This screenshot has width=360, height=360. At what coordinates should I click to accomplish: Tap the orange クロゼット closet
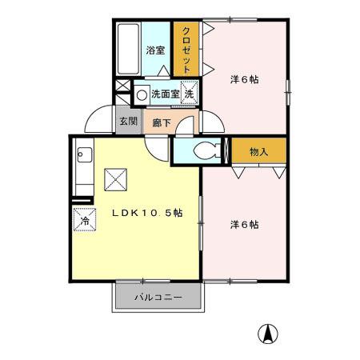[x=186, y=50]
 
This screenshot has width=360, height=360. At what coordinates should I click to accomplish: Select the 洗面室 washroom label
[x=164, y=94]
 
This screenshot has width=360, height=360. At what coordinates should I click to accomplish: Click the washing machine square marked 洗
[x=189, y=93]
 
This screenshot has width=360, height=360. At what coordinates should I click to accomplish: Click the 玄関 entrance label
[x=127, y=122]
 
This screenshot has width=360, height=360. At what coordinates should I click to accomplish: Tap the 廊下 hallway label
[x=161, y=123]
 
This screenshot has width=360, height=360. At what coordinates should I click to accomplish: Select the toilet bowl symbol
[x=203, y=150]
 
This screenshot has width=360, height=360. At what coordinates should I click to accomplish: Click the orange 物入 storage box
[x=258, y=151]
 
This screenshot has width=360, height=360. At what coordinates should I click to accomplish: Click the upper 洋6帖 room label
[x=245, y=79]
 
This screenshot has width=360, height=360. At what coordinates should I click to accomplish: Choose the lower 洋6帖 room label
[x=244, y=225]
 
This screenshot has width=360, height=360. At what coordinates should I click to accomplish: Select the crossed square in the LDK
[x=117, y=179]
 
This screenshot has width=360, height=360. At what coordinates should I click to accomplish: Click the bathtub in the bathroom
[x=129, y=50]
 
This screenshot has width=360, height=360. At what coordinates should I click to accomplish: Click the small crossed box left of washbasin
[x=122, y=86]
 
